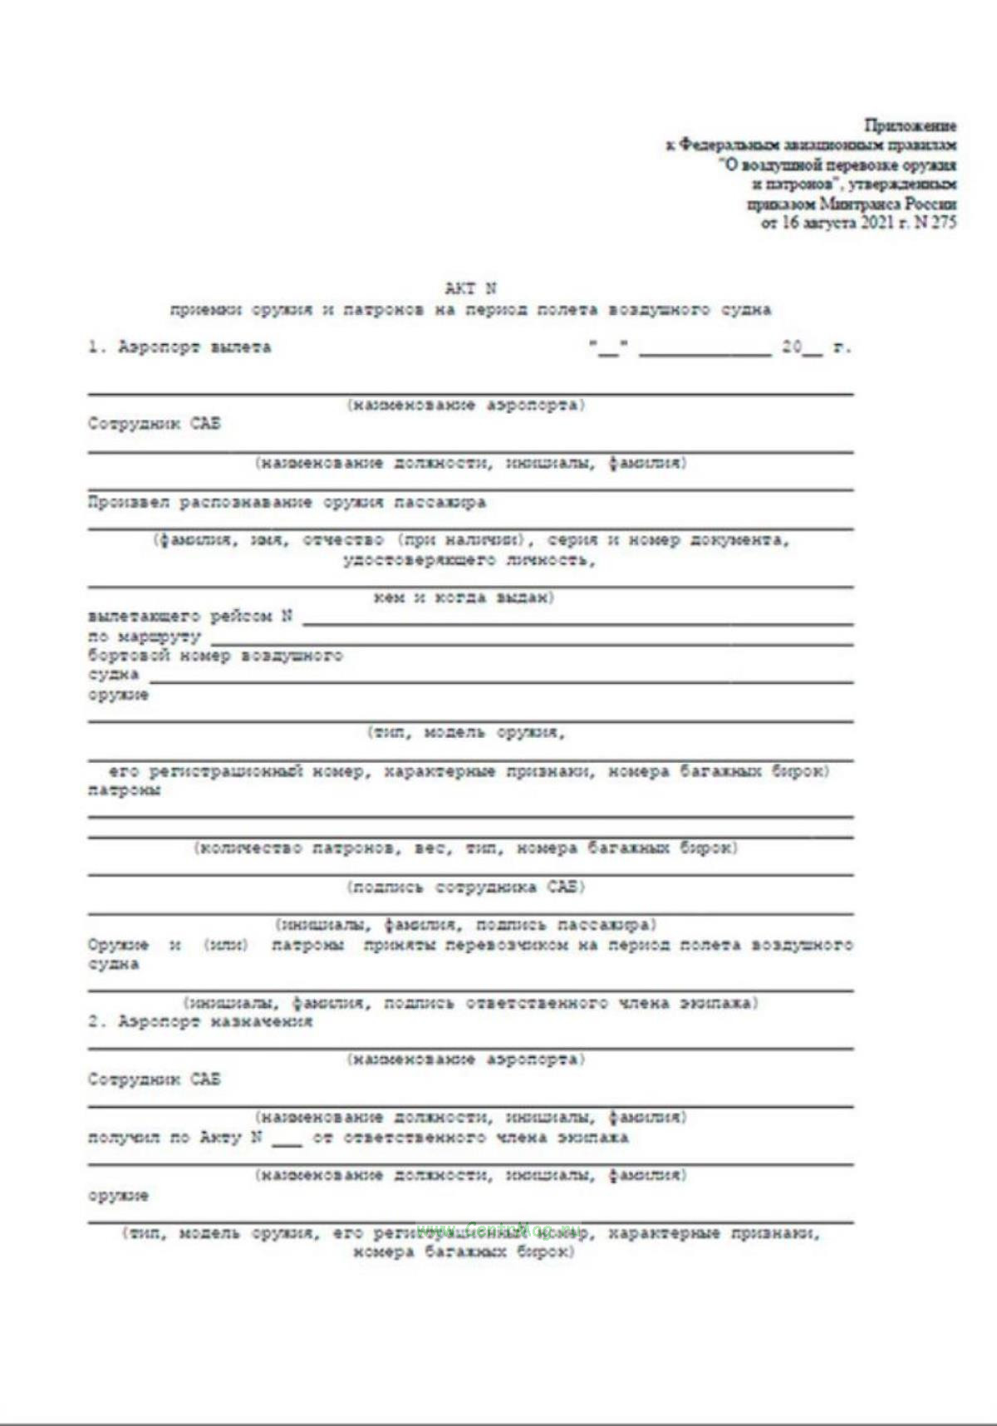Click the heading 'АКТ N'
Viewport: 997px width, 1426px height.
pos(470,289)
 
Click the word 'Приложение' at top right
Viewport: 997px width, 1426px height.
pos(910,126)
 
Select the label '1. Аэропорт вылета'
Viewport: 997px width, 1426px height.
pos(179,347)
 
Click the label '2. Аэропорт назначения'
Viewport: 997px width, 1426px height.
pos(200,1022)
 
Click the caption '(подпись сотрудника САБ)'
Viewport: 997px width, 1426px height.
pos(466,887)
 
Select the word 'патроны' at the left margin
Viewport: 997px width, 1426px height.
pos(125,790)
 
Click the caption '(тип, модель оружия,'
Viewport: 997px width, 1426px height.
pos(466,733)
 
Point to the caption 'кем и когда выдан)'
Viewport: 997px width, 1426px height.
pos(463,597)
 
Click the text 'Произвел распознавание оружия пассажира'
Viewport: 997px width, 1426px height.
pos(287,503)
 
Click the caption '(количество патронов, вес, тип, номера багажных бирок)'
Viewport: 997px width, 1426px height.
pos(466,848)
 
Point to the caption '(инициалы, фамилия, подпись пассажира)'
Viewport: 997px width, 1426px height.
pos(466,925)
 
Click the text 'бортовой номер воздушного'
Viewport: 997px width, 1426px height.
pos(215,656)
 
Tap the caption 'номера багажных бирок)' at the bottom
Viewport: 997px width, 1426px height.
pos(463,1252)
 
